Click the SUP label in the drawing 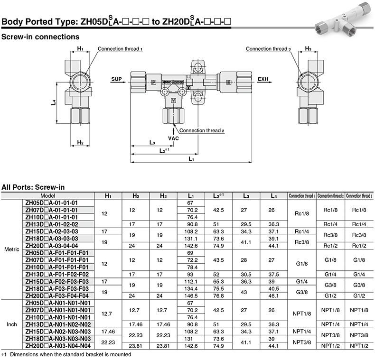[116, 79]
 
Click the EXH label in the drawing [263, 79]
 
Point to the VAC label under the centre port [173, 138]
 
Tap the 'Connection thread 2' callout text [202, 130]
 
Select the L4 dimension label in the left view [54, 102]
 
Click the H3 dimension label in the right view [308, 48]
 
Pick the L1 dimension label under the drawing [191, 159]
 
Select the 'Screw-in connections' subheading [40, 37]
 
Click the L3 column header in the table [246, 196]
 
